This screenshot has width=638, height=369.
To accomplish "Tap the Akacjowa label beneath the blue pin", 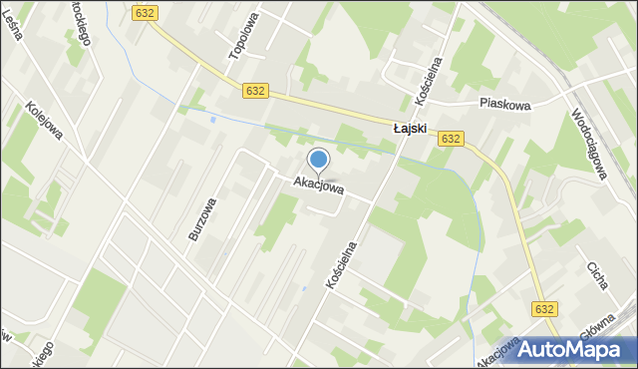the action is point(319,186).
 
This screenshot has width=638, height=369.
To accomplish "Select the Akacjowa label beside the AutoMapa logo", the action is point(498,351).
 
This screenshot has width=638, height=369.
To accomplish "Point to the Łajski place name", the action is point(410,129).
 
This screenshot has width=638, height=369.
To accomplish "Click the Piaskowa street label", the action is point(505,104).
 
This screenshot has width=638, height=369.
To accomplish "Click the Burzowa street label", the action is point(202,218).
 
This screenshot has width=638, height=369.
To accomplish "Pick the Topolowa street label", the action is point(244,36).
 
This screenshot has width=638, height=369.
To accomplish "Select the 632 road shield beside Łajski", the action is point(450,139).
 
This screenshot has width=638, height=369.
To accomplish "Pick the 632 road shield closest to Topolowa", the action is point(254,91).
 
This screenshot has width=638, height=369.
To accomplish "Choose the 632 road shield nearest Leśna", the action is point(144,12).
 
